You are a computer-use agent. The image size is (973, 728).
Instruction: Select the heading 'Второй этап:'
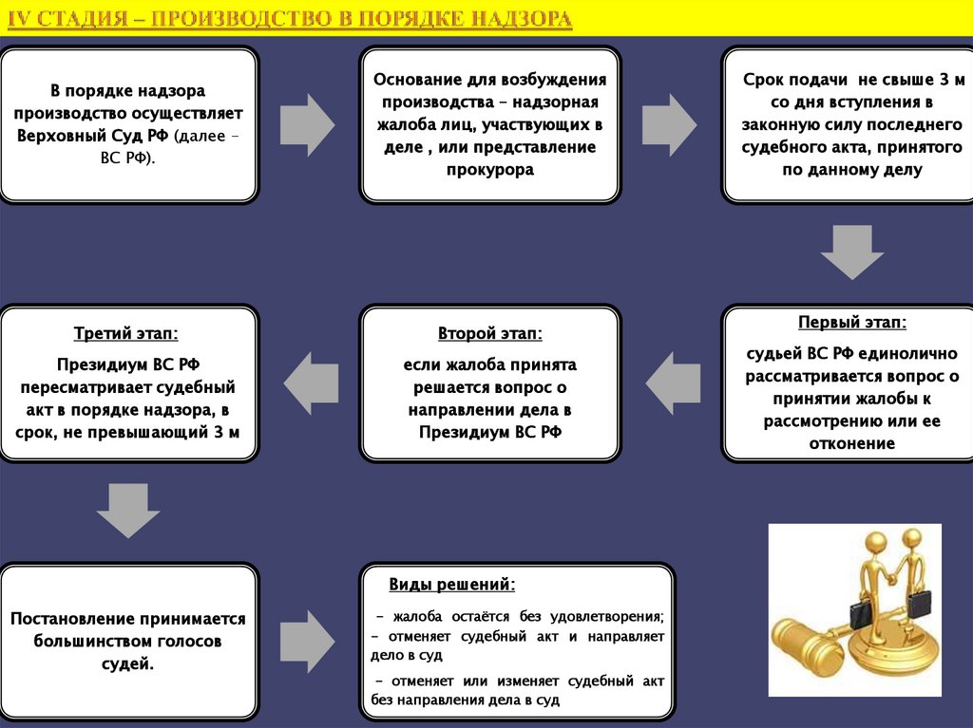[490, 333]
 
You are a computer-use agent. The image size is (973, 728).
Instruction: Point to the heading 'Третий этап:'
[126, 333]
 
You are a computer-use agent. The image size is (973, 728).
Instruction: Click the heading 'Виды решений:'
[452, 583]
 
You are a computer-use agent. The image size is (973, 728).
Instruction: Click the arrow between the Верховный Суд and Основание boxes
[308, 124]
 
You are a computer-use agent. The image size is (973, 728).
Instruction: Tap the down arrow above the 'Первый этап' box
[851, 252]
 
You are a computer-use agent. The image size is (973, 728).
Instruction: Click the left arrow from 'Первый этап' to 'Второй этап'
[673, 383]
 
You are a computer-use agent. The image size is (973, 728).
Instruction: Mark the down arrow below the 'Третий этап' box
[128, 511]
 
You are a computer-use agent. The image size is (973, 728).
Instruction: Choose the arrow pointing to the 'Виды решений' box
[308, 642]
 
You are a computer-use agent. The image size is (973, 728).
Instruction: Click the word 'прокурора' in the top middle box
[490, 170]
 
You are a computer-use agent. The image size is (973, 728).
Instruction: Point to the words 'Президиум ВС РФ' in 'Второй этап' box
[490, 432]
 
